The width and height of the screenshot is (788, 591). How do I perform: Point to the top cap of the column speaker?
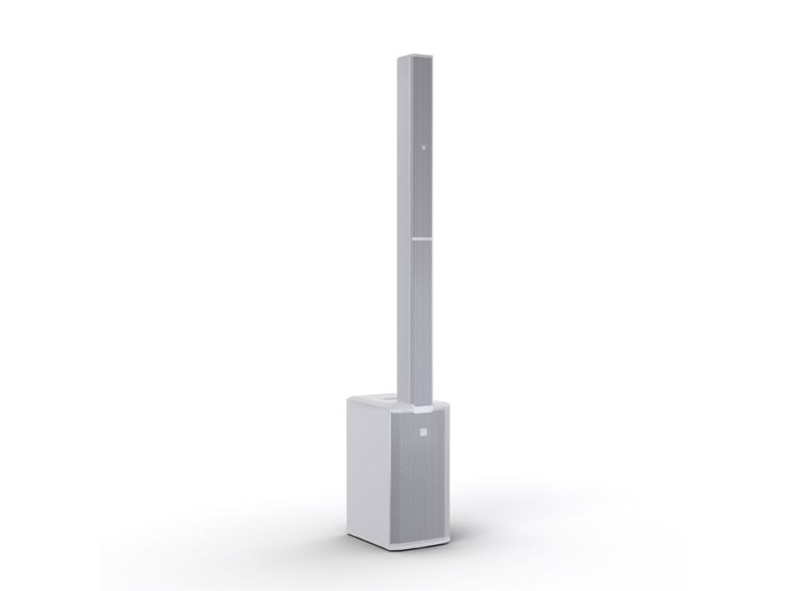click(413, 58)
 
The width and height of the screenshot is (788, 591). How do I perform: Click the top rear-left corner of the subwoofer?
click(348, 397)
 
